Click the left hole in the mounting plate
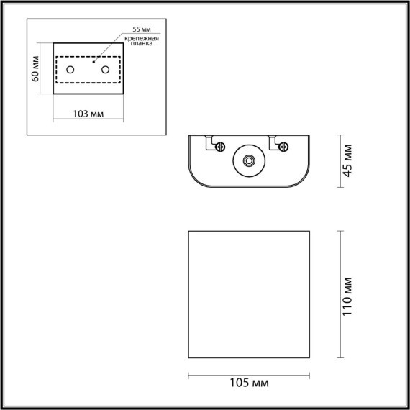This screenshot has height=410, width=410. click(x=70, y=70)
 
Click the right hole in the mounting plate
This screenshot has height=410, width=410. click(x=106, y=70)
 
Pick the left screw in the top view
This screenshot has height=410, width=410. click(x=220, y=147)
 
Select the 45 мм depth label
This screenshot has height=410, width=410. click(x=347, y=160)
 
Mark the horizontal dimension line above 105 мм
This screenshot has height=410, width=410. click(x=248, y=375)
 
